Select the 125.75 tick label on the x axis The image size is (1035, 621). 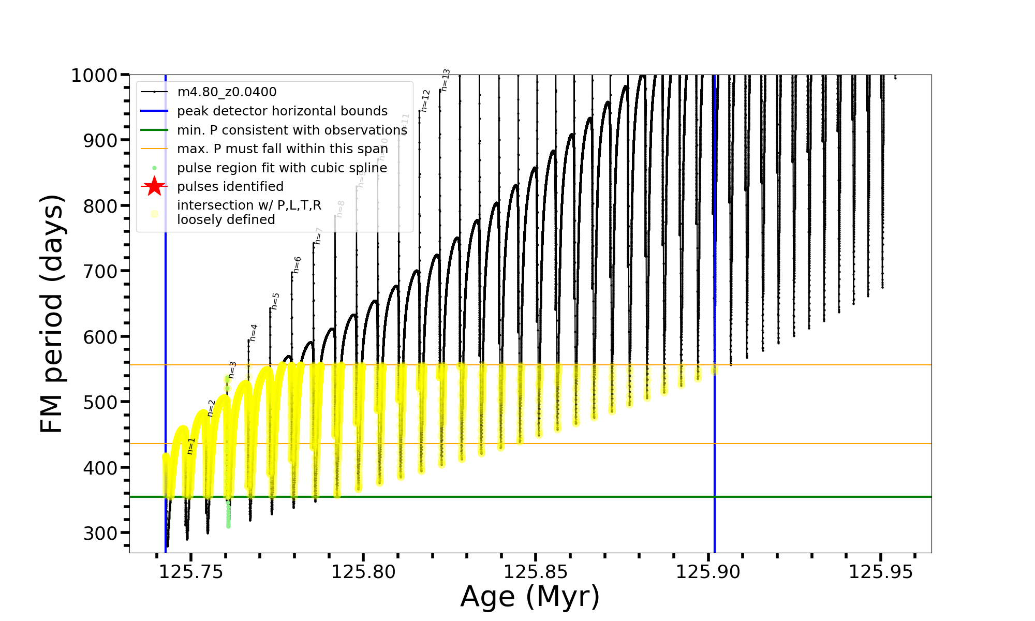[x=191, y=572]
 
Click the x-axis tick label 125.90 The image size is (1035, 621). [x=708, y=572]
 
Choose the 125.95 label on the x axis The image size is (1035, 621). [x=881, y=572]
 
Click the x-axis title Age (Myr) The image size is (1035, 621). [x=530, y=597]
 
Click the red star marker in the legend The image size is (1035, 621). [x=154, y=186]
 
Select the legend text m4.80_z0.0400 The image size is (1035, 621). [x=227, y=92]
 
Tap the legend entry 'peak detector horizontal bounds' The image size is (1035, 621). [x=282, y=111]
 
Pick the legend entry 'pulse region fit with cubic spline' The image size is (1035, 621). [x=282, y=168]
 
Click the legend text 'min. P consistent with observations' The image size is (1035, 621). [x=292, y=130]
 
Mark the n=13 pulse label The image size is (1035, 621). [x=445, y=80]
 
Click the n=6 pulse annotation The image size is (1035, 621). [x=297, y=265]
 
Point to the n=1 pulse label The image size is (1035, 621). [x=190, y=446]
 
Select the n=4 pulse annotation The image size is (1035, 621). [x=253, y=333]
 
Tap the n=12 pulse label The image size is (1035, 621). [x=425, y=101]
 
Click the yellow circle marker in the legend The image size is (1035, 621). [x=154, y=213]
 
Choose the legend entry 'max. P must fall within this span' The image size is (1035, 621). [x=282, y=149]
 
